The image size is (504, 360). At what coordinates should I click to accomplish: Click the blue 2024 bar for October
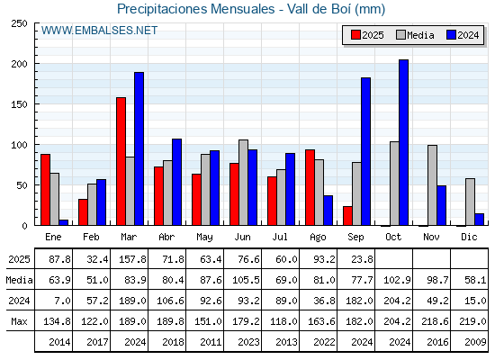[x=403, y=142]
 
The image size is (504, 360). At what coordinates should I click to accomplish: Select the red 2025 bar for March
[x=121, y=161]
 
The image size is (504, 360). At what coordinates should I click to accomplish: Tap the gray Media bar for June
[x=243, y=183]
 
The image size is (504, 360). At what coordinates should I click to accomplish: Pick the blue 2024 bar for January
[x=64, y=222]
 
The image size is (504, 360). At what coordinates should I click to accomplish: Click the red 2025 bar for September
[x=347, y=216]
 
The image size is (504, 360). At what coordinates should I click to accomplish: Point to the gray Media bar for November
[x=432, y=185]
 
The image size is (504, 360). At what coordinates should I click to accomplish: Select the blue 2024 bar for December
[x=479, y=220]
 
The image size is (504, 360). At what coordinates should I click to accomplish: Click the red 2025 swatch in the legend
[x=355, y=35]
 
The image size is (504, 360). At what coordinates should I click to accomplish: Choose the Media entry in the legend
[x=415, y=35]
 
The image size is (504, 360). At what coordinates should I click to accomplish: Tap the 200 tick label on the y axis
[x=19, y=64]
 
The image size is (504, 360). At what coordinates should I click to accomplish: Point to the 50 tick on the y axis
[x=22, y=185]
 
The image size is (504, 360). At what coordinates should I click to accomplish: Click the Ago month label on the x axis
[x=318, y=238]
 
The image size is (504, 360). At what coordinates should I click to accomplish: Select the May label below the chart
[x=204, y=238]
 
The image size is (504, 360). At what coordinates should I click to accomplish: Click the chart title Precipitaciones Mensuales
[x=196, y=9]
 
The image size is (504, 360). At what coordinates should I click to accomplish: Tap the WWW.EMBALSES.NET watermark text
[x=99, y=31]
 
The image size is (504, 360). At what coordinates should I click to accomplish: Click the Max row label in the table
[x=19, y=321]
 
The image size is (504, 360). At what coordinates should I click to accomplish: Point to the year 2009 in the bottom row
[x=475, y=342]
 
